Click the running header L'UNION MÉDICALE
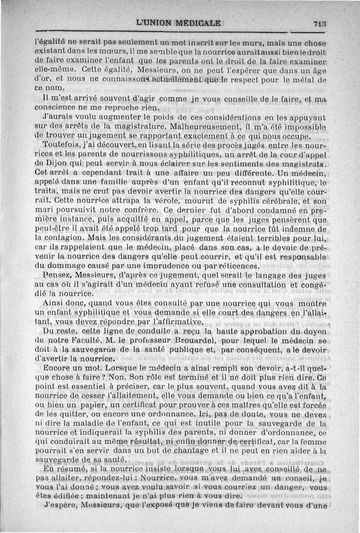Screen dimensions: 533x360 (178, 23)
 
